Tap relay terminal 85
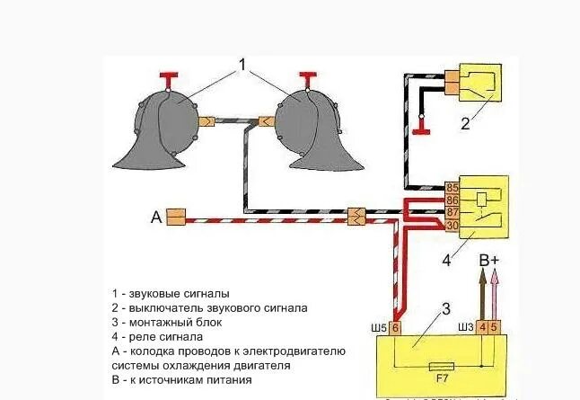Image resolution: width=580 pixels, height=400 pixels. click(x=453, y=188)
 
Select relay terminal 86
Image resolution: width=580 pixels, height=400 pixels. click(x=453, y=200)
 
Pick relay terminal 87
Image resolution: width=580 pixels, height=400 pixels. click(x=453, y=211)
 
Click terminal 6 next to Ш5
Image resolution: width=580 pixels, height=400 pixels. click(x=396, y=327)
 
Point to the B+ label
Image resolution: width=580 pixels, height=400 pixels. click(x=489, y=262)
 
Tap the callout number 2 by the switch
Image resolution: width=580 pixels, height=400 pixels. click(x=464, y=125)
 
